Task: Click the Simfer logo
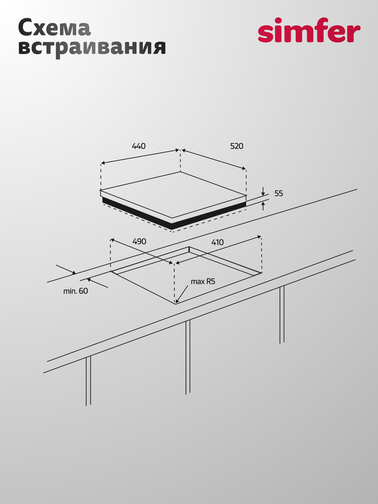(309, 30)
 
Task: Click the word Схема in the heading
(54, 28)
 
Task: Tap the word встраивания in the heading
(92, 47)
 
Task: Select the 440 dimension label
(139, 146)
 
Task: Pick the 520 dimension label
(237, 146)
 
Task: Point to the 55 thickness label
(279, 193)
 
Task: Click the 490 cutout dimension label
(139, 242)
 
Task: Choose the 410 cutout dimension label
(217, 242)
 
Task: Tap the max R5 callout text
(203, 281)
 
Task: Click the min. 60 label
(76, 291)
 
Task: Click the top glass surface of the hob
(173, 195)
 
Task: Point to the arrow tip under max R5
(176, 303)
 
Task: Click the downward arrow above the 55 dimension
(263, 192)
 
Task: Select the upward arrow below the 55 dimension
(263, 206)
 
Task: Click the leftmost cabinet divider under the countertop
(88, 381)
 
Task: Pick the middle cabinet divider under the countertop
(188, 357)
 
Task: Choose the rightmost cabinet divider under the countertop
(282, 315)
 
